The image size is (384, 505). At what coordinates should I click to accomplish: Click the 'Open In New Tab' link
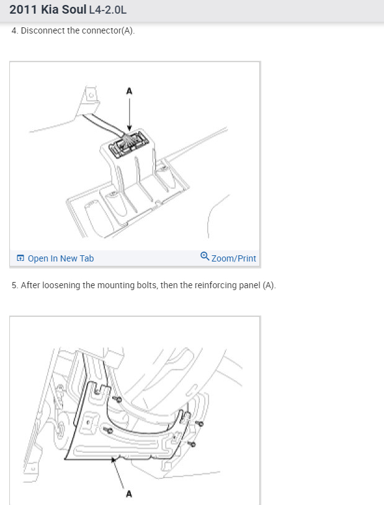[x=61, y=258]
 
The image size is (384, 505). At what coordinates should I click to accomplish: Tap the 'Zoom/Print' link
[x=234, y=258]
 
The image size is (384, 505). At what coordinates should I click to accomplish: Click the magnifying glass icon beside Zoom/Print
[x=205, y=257]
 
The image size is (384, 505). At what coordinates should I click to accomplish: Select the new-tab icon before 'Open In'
[x=20, y=258]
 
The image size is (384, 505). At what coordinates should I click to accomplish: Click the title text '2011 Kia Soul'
[x=48, y=10]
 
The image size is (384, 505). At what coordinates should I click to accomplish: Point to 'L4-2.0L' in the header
[x=108, y=10]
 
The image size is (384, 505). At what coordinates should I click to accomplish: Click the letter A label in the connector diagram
[x=129, y=91]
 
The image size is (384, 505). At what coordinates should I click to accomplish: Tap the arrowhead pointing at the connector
[x=129, y=128]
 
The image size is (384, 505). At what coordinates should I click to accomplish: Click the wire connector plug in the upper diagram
[x=128, y=144]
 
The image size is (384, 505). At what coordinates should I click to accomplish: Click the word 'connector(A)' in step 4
[x=108, y=31]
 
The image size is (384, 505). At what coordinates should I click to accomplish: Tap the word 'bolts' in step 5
[x=148, y=285]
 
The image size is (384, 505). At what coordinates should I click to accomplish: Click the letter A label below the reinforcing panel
[x=129, y=494]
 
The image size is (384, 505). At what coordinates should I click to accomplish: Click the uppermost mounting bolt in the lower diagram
[x=117, y=399]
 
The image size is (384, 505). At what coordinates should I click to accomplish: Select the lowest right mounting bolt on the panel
[x=192, y=444]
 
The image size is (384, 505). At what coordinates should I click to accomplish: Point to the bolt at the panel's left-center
[x=108, y=430]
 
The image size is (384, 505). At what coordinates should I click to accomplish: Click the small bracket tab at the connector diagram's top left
[x=91, y=95]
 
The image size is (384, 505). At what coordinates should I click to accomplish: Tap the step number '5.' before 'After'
[x=15, y=285]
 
